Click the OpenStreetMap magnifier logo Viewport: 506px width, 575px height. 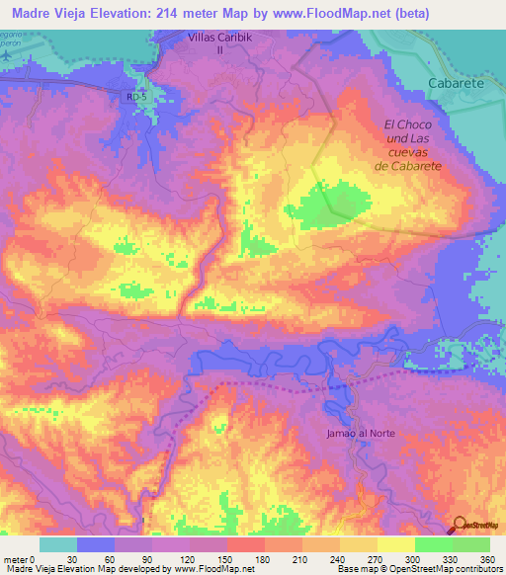click(462, 525)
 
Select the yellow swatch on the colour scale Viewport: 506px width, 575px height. click(395, 544)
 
